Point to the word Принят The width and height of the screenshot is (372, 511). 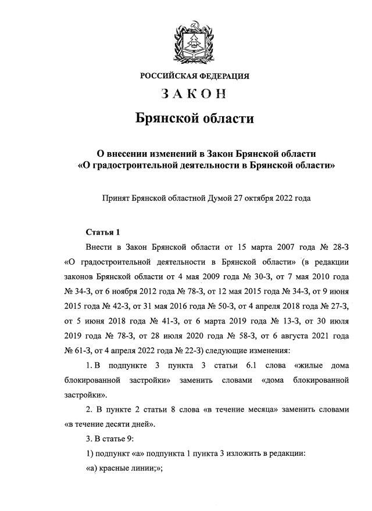(x=116, y=199)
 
